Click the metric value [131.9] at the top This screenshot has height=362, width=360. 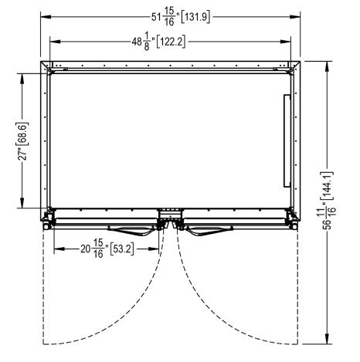coord(195,17)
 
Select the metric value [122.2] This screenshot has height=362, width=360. coord(171,42)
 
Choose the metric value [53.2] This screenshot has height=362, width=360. coord(122,249)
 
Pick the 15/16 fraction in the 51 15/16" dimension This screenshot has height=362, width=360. coord(169,17)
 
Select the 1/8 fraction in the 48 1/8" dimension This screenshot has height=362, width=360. coord(147,41)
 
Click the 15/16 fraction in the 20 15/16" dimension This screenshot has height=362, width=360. coord(98,249)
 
